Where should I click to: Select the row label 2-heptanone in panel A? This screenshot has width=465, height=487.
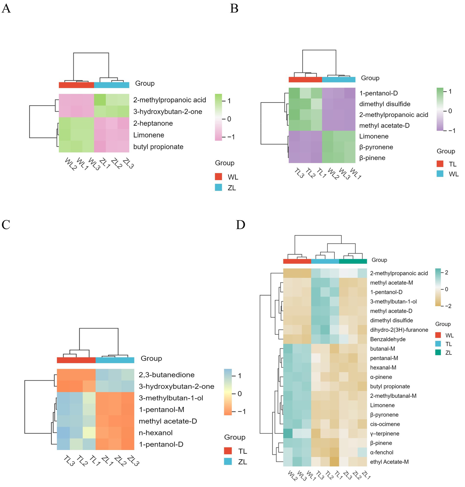point(153,123)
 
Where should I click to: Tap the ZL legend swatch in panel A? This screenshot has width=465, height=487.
point(218,188)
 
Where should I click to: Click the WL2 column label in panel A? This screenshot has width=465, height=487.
point(70,164)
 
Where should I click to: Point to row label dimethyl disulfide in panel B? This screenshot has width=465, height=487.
point(385,104)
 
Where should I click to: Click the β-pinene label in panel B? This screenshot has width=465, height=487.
point(372,158)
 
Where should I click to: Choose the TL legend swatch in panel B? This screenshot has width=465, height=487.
point(440,164)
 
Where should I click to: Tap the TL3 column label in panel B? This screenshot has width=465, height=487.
point(299,173)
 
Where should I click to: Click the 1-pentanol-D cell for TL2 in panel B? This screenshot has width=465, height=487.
point(305,93)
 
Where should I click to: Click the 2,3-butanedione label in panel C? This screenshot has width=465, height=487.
point(167,375)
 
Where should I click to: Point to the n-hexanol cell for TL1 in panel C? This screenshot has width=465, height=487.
point(89,433)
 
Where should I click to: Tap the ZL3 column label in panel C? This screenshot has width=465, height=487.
point(133,461)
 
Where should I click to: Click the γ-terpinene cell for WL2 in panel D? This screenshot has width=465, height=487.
point(288,434)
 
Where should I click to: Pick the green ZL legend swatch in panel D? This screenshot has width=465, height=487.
point(438,353)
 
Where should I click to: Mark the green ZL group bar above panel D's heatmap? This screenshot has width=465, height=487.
point(353,261)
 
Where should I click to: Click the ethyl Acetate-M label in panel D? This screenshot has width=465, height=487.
point(389,462)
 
